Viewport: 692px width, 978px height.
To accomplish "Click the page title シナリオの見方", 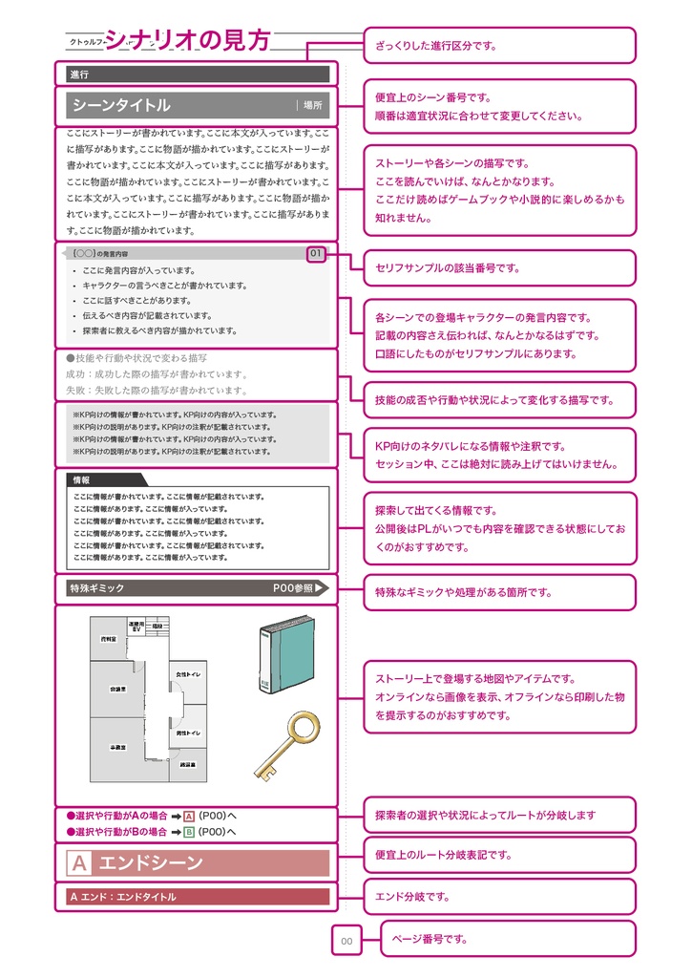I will click(187, 39).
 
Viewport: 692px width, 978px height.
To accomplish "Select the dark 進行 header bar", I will click(198, 74).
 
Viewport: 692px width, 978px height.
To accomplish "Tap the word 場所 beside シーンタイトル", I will click(313, 105).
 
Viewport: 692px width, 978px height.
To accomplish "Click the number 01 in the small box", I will click(316, 254).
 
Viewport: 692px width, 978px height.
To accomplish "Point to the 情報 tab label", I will click(82, 480).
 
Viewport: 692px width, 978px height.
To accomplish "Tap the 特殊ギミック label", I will click(97, 588).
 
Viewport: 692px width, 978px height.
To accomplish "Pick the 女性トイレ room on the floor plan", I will click(188, 675).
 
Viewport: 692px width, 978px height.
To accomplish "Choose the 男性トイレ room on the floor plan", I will click(188, 732).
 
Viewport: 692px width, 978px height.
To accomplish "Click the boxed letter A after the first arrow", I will click(189, 816).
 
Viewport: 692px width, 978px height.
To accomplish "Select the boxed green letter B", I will click(189, 832).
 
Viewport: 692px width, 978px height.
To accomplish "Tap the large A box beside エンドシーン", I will click(80, 863).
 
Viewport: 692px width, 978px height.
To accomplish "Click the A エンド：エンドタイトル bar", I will click(198, 897).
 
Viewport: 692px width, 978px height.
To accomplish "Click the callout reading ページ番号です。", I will click(508, 939).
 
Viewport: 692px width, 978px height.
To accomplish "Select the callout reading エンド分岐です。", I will click(499, 897).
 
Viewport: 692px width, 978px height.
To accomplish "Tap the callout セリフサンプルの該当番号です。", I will click(499, 268).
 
